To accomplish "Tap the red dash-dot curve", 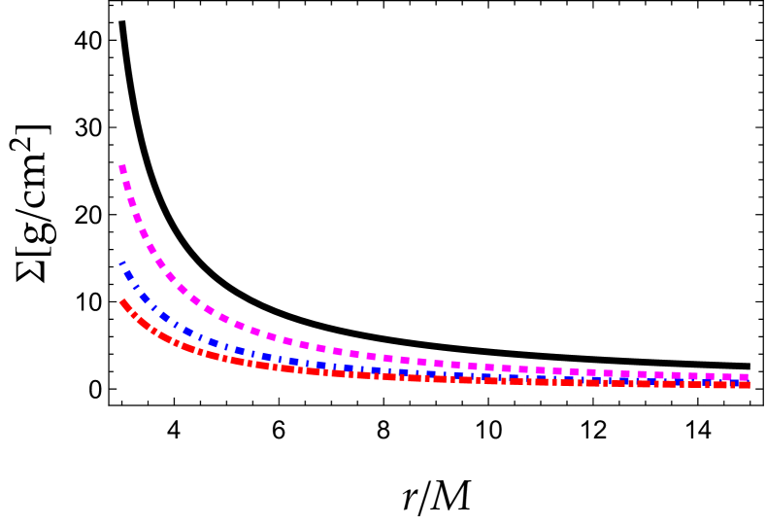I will (291, 369).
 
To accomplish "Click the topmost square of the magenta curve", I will (123, 169).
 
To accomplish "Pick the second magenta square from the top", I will (127, 186).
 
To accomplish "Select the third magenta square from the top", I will (132, 202).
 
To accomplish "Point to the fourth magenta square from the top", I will (138, 218).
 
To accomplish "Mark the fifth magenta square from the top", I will (144, 233).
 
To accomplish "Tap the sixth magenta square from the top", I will (151, 249).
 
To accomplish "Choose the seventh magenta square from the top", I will (160, 263).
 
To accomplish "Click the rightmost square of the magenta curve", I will (744, 377).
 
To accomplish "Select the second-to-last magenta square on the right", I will (727, 377).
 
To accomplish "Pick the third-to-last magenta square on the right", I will (710, 376).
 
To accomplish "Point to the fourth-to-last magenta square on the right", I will (693, 376).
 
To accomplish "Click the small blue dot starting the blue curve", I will (121, 262).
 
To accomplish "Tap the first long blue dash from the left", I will (129, 275).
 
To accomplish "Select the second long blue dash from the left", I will (146, 297).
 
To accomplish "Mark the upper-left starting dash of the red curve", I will (124, 305).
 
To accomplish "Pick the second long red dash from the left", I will (143, 323).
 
